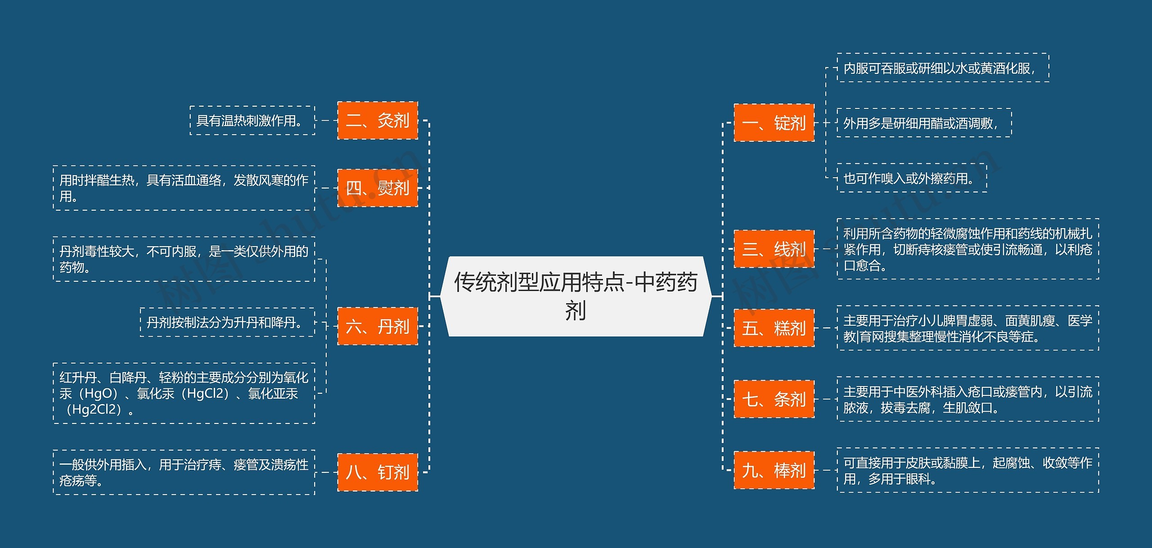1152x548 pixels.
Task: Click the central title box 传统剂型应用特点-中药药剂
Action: [x=576, y=296]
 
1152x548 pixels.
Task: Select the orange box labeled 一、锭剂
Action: [x=774, y=123]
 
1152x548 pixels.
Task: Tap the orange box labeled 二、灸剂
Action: [x=378, y=121]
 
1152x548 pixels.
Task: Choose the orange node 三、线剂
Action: [x=774, y=249]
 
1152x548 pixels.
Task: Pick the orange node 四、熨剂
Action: [x=378, y=188]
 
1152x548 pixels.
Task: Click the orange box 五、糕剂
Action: [x=774, y=328]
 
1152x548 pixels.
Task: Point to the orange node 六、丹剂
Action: [x=378, y=326]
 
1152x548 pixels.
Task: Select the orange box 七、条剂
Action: [x=774, y=399]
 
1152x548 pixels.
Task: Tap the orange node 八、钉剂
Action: [x=378, y=472]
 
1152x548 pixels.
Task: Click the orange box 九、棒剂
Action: [x=774, y=470]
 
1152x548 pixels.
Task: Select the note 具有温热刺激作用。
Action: [x=252, y=121]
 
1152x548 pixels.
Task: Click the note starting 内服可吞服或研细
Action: [x=943, y=68]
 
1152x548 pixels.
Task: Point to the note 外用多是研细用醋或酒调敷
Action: [x=924, y=123]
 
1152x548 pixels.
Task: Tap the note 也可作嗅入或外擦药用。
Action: [x=912, y=178]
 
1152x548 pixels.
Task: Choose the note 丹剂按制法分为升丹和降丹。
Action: [x=227, y=322]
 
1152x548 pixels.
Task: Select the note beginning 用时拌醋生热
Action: [x=184, y=188]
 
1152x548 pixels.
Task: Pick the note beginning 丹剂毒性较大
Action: [x=184, y=259]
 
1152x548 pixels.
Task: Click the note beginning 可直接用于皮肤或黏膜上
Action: [x=967, y=470]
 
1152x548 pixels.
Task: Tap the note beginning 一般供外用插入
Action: [x=184, y=472]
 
